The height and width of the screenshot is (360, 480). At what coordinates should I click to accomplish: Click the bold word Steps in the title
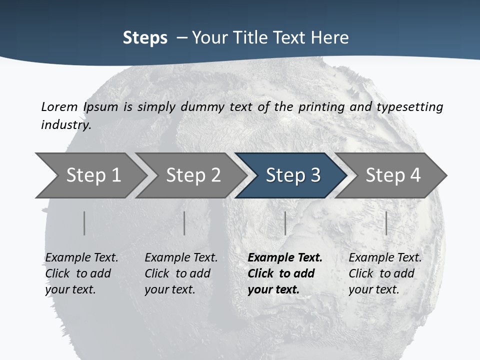[x=145, y=38]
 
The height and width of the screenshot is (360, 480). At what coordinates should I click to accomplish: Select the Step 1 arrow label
[x=93, y=175]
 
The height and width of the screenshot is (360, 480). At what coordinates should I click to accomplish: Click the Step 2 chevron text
[x=193, y=175]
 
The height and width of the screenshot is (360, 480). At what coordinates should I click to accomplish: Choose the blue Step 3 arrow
[x=292, y=175]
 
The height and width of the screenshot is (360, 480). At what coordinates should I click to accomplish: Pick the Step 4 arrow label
[x=393, y=175]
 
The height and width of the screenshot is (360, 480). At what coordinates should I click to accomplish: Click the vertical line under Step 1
[x=84, y=223]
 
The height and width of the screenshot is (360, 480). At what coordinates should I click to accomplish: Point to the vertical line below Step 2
[x=184, y=223]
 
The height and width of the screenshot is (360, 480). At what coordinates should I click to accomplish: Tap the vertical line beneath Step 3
[x=285, y=223]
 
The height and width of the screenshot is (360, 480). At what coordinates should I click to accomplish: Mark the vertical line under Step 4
[x=386, y=223]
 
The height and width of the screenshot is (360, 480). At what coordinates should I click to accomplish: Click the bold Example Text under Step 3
[x=285, y=257]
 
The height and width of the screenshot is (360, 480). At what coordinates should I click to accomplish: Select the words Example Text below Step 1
[x=81, y=257]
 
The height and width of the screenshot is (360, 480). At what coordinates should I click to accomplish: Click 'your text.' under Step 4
[x=373, y=289]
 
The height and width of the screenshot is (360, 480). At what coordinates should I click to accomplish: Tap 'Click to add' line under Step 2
[x=177, y=273]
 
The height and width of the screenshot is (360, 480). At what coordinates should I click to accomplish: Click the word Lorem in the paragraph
[x=59, y=106]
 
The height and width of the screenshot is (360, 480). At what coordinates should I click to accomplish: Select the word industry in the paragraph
[x=65, y=124]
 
